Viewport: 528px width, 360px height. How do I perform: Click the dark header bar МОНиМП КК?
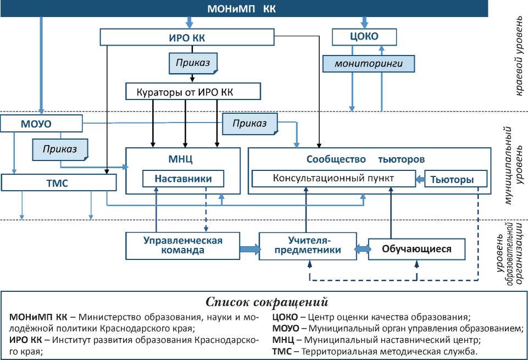(x=242, y=9)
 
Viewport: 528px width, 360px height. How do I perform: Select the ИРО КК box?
(x=187, y=37)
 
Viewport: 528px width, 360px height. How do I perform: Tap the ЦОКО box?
(x=364, y=37)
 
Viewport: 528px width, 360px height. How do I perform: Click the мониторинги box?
(x=368, y=64)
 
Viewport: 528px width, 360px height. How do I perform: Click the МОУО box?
(x=41, y=123)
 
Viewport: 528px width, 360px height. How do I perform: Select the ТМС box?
(x=58, y=183)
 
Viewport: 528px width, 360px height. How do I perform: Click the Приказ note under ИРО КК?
(x=193, y=63)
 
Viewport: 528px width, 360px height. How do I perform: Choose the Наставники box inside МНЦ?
(x=184, y=179)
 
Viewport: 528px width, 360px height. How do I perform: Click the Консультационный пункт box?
(x=334, y=179)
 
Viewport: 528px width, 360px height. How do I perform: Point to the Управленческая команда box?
(x=183, y=245)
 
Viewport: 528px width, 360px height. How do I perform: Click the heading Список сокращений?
(x=267, y=302)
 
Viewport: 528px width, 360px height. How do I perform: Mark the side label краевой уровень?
(x=519, y=55)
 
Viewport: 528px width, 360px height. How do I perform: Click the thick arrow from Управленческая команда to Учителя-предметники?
(x=249, y=249)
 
